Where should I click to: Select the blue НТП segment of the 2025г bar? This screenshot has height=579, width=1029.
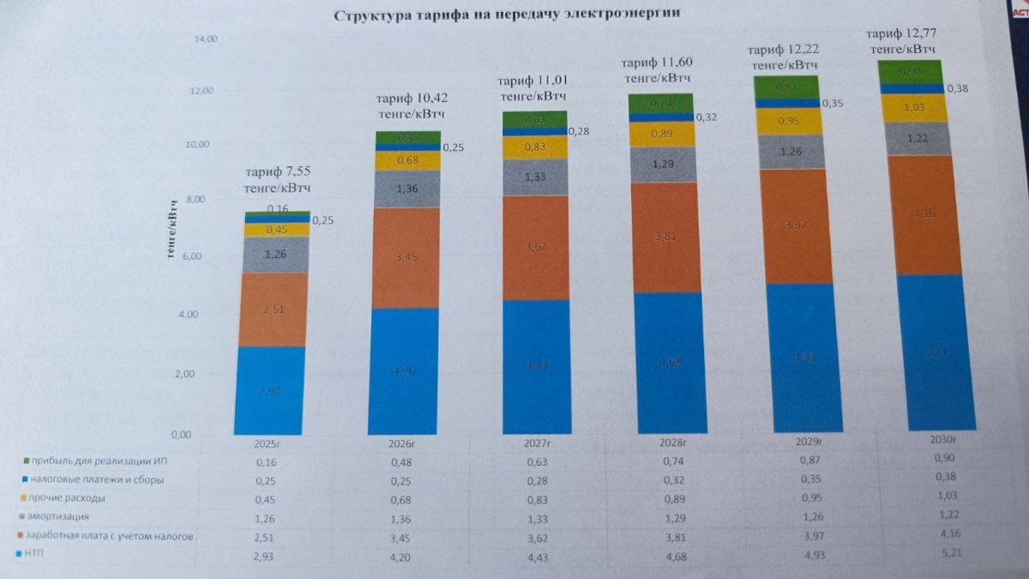coord(268,389)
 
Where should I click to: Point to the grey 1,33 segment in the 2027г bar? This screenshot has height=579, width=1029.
coord(536,177)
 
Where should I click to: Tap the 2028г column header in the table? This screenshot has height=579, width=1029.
coord(672,443)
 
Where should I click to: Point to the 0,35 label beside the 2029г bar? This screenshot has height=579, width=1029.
coord(832,103)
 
